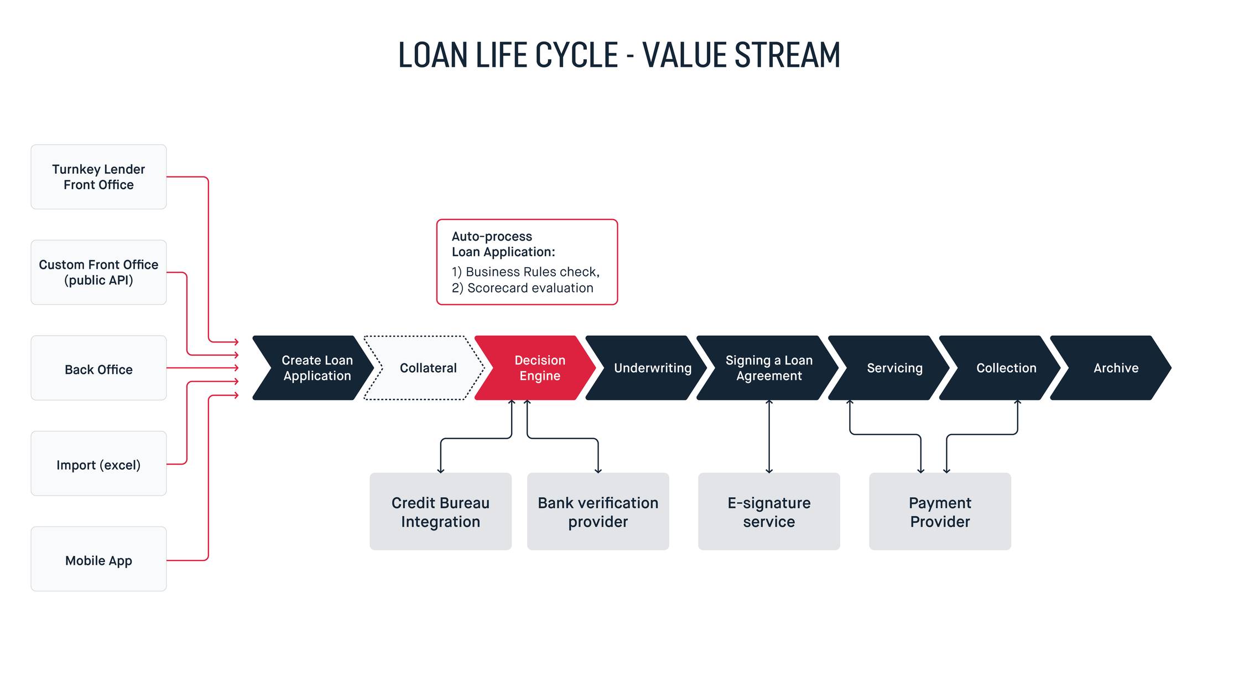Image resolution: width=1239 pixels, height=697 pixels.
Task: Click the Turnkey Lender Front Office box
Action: tap(98, 177)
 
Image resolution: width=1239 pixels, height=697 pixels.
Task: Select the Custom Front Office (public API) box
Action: tap(98, 272)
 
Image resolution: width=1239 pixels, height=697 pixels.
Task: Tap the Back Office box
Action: tap(98, 368)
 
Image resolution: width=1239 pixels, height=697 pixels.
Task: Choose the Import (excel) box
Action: tap(98, 464)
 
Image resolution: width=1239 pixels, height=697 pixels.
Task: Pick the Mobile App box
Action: tap(98, 559)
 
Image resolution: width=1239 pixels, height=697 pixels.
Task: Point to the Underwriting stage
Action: tap(647, 368)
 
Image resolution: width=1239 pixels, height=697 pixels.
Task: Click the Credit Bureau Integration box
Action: tap(441, 511)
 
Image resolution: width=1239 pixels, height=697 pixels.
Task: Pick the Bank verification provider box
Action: tap(598, 511)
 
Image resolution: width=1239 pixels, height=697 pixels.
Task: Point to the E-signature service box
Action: tap(769, 511)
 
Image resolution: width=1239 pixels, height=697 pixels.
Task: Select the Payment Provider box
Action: tap(940, 511)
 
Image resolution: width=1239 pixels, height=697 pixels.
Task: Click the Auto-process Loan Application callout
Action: tap(527, 262)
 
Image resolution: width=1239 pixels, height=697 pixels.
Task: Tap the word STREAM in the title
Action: tap(787, 55)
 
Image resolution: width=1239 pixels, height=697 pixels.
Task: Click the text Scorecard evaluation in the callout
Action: tap(530, 288)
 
